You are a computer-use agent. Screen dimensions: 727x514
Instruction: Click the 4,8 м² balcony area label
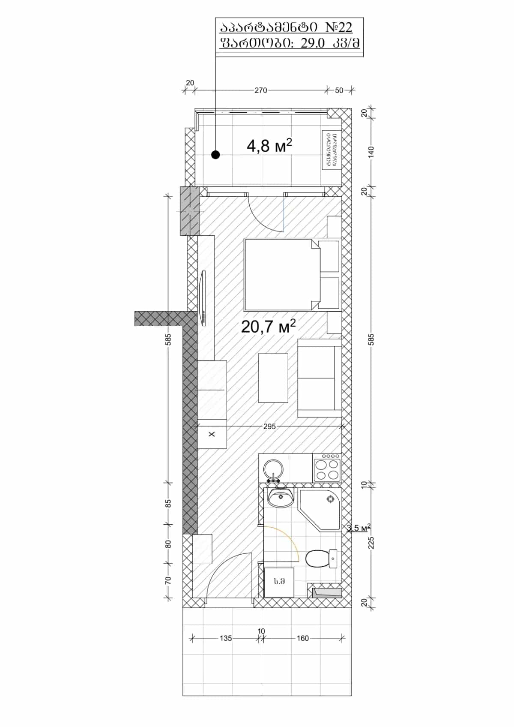click(x=269, y=146)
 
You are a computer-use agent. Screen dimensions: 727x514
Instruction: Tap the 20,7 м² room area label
click(x=268, y=327)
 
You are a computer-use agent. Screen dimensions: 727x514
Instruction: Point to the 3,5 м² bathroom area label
click(x=359, y=528)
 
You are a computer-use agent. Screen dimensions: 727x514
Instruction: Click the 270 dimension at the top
click(x=260, y=90)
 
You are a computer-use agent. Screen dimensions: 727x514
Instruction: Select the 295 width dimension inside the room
click(x=269, y=427)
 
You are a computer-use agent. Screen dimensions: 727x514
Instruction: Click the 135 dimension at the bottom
click(x=226, y=638)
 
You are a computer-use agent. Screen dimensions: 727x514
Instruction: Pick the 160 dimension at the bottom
click(x=302, y=638)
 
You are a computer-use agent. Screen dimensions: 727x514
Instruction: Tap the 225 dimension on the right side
click(x=371, y=543)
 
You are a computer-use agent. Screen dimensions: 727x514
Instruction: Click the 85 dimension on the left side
click(x=168, y=503)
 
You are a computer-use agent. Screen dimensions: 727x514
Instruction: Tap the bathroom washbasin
click(x=281, y=498)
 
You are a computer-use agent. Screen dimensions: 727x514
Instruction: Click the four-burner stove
click(x=327, y=469)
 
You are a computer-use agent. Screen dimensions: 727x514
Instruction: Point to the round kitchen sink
click(x=273, y=469)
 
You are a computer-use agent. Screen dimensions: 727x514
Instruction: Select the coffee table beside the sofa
click(x=273, y=378)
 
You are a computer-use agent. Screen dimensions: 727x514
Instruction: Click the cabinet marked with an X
click(x=212, y=434)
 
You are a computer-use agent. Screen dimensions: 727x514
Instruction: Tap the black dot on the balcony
click(x=216, y=155)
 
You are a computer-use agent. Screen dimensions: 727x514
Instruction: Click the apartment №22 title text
click(x=286, y=28)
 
